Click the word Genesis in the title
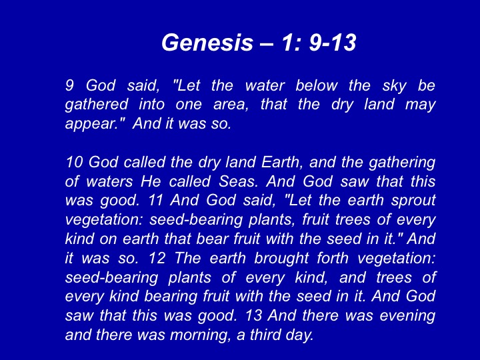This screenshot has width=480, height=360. click(207, 42)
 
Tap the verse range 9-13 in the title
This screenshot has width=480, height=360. click(333, 42)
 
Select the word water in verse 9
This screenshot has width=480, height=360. click(265, 85)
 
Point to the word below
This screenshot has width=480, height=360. click(317, 85)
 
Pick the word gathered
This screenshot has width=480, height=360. click(97, 105)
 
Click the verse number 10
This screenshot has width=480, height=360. click(74, 162)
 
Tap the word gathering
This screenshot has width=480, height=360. click(402, 163)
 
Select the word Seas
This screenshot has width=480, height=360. click(238, 181)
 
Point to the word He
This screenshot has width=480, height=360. click(151, 181)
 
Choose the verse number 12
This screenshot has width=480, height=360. click(157, 259)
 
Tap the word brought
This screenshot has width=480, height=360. click(281, 259)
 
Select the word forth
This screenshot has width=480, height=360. click(333, 257)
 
